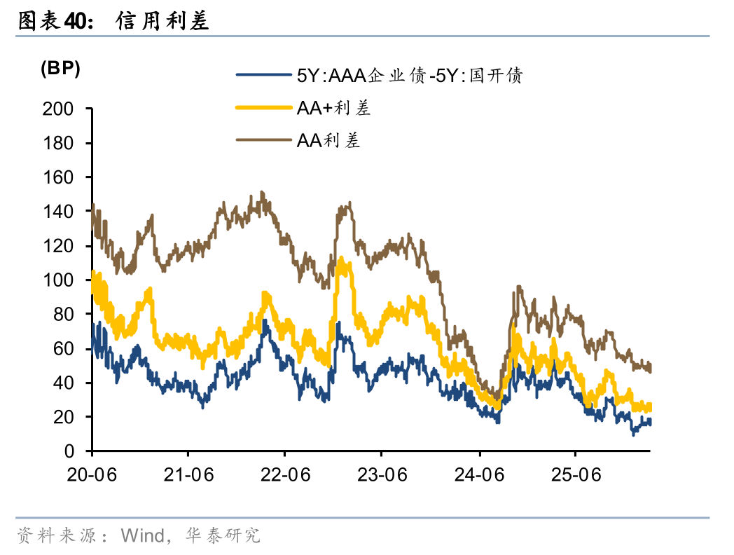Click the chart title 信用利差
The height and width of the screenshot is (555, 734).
162,22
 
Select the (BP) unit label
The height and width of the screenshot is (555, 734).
60,69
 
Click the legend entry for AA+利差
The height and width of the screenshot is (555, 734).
333,108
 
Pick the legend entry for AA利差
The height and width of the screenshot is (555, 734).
328,140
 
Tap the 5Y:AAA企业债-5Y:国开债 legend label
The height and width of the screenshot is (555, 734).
410,75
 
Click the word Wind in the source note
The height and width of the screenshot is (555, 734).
141,536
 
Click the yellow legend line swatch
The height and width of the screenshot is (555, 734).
263,108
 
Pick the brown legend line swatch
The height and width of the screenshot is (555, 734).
263,140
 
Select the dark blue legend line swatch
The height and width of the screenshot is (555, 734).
263,75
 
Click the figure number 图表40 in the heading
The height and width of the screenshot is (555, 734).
53,22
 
